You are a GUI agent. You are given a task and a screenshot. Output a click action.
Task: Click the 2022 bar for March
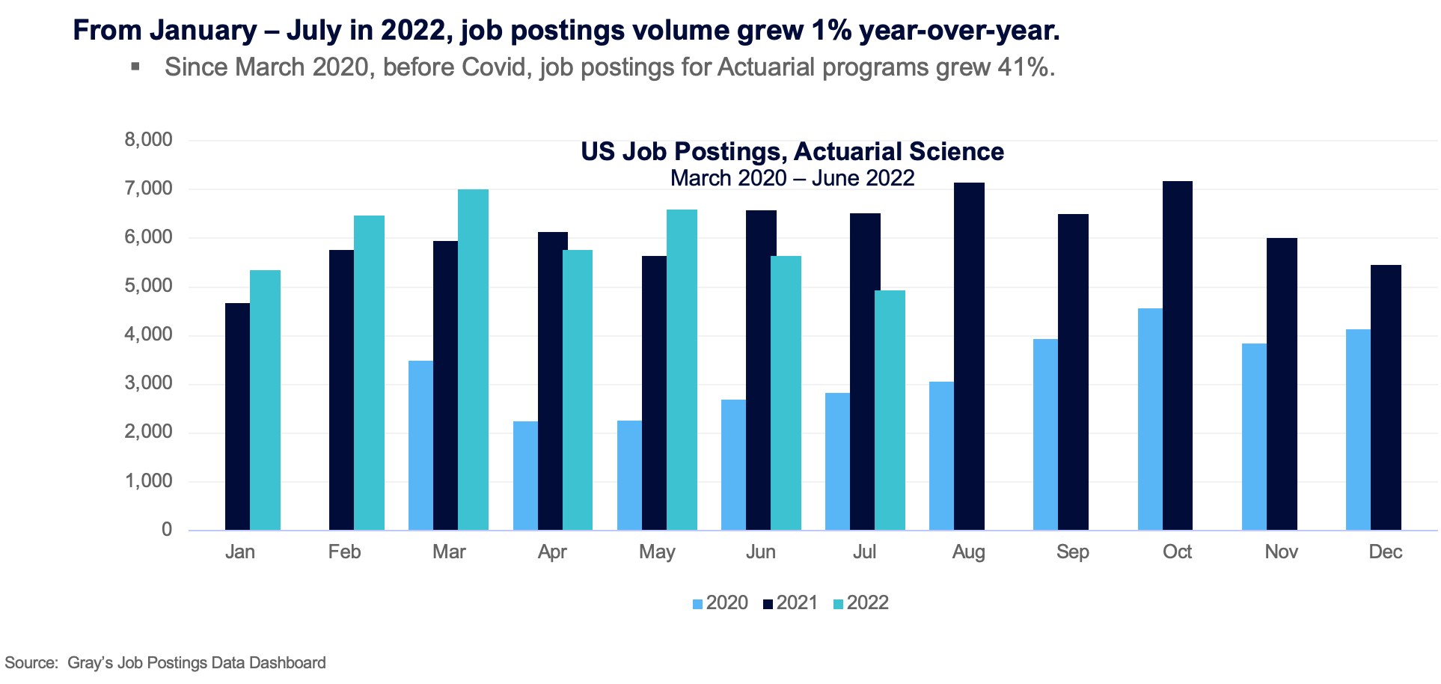473,359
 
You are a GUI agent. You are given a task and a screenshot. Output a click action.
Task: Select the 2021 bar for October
1178,355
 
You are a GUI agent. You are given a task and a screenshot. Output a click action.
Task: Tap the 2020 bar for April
525,475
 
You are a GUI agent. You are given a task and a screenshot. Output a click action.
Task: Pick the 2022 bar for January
265,400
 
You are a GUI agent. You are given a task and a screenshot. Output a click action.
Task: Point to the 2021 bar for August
969,356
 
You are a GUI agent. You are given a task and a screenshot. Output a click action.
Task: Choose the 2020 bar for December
1358,430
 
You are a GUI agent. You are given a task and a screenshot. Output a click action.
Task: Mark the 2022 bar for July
890,410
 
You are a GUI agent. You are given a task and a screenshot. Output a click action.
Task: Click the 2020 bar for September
1045,434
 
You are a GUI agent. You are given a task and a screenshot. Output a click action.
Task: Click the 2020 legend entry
720,603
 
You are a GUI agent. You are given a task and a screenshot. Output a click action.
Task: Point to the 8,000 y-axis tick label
148,140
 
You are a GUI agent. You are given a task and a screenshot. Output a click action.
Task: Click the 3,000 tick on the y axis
148,383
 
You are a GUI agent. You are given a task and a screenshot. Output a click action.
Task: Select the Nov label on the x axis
1281,552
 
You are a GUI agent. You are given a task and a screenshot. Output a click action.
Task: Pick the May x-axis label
657,552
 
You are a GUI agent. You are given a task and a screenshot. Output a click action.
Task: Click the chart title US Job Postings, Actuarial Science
792,152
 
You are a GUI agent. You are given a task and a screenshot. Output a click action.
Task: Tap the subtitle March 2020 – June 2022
792,178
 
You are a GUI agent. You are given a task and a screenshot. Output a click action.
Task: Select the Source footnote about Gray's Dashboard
165,663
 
